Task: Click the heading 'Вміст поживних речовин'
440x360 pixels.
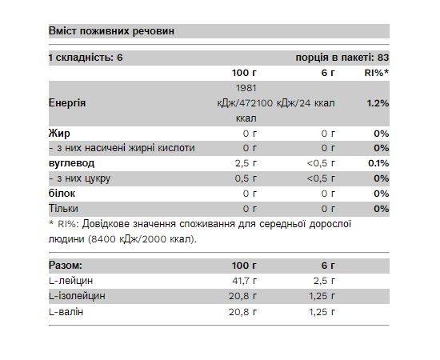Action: pyautogui.click(x=111, y=31)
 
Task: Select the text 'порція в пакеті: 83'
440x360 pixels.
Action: pyautogui.click(x=342, y=58)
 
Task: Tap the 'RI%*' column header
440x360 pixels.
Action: pyautogui.click(x=375, y=73)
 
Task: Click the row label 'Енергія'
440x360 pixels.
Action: pyautogui.click(x=69, y=103)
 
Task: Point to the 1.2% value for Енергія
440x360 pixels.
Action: pyautogui.click(x=378, y=103)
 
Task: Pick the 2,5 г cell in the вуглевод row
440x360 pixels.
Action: pyautogui.click(x=244, y=162)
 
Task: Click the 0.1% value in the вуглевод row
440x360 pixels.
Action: pyautogui.click(x=379, y=162)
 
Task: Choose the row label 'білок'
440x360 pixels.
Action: pyautogui.click(x=62, y=193)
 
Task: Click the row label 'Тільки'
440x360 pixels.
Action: pyautogui.click(x=64, y=208)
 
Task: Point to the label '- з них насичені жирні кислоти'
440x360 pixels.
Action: pyautogui.click(x=122, y=148)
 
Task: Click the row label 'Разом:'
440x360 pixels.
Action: pyautogui.click(x=66, y=265)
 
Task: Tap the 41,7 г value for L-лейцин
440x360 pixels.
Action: pyautogui.click(x=242, y=280)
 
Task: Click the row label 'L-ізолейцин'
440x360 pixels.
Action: pyautogui.click(x=77, y=295)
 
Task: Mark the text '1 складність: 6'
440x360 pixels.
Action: pyautogui.click(x=86, y=58)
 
